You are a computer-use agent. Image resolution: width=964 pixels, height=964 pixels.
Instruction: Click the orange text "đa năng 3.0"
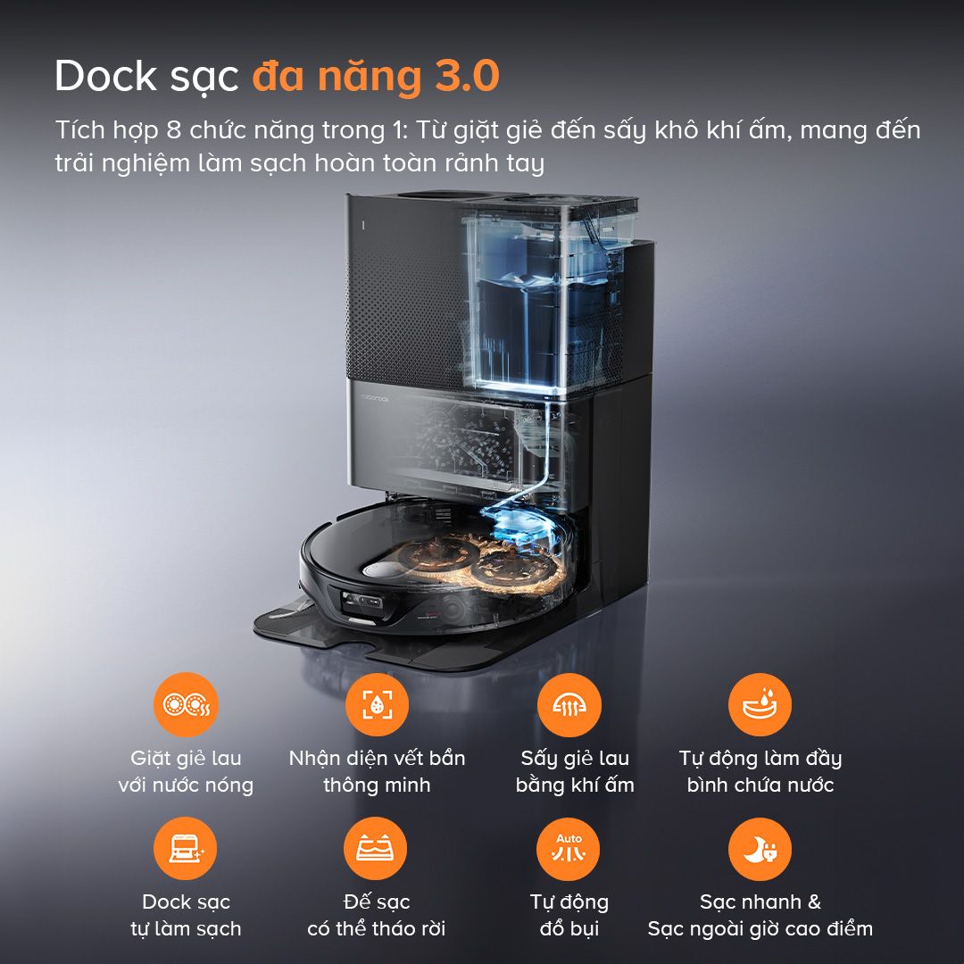click(x=375, y=76)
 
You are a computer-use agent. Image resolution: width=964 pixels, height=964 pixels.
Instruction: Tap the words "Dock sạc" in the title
click(x=146, y=76)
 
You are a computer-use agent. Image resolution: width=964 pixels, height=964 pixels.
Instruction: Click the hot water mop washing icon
click(x=186, y=704)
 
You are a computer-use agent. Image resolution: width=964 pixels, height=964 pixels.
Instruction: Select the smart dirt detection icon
click(x=376, y=704)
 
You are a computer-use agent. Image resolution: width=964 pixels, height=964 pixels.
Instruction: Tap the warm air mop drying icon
click(x=569, y=704)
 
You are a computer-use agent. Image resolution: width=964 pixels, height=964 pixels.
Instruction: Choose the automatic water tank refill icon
click(x=760, y=704)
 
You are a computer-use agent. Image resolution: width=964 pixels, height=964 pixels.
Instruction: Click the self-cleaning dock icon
click(x=186, y=848)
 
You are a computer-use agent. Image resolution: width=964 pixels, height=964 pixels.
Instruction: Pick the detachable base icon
click(x=376, y=848)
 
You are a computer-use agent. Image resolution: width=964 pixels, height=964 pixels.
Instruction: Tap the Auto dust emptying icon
click(x=569, y=848)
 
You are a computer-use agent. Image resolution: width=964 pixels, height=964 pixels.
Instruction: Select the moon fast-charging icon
click(x=760, y=848)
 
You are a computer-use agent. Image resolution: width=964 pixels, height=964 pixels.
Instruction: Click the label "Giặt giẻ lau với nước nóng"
click(x=186, y=772)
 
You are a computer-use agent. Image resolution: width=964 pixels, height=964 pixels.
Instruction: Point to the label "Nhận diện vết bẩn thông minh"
click(x=377, y=772)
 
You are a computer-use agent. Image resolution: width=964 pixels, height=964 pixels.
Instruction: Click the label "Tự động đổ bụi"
click(x=569, y=915)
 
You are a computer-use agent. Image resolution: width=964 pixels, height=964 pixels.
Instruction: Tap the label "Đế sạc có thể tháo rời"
click(x=377, y=915)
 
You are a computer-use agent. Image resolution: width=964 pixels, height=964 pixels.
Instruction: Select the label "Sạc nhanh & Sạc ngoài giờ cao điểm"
click(x=760, y=915)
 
